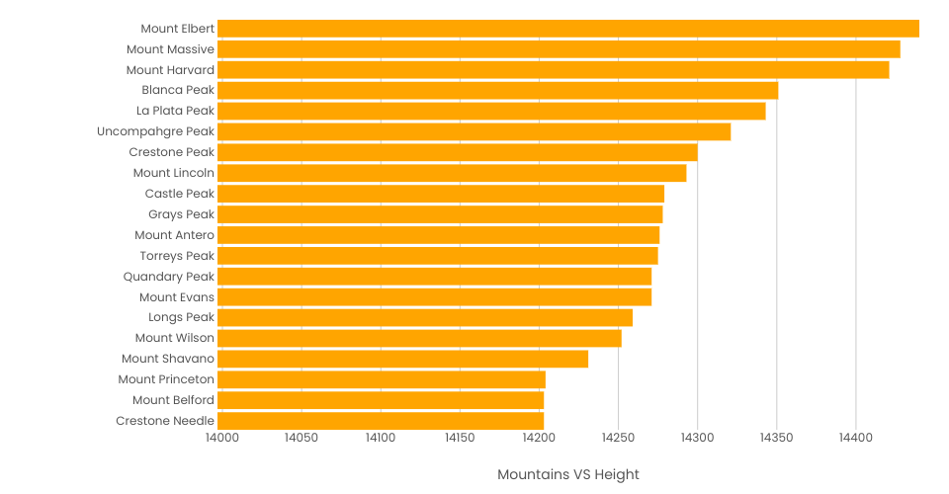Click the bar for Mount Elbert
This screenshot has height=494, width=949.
pyautogui.click(x=568, y=29)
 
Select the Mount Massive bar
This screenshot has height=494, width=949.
pyautogui.click(x=559, y=49)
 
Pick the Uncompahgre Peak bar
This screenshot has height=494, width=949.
pyautogui.click(x=474, y=131)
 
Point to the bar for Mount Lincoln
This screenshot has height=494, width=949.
pyautogui.click(x=452, y=173)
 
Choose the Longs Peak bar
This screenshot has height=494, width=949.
pyautogui.click(x=425, y=317)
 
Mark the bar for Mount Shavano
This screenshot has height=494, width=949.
pyautogui.click(x=402, y=359)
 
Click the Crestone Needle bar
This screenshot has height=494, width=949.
pyautogui.click(x=381, y=421)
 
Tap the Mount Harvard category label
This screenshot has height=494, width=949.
pyautogui.click(x=170, y=70)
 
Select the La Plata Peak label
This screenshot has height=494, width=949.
pyautogui.click(x=175, y=111)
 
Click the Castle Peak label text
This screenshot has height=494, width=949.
pyautogui.click(x=179, y=194)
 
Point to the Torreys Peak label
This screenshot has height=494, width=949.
pyautogui.click(x=177, y=256)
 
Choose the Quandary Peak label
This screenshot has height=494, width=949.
pyautogui.click(x=168, y=277)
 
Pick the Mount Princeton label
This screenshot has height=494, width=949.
pyautogui.click(x=166, y=379)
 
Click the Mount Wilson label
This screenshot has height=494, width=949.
pyautogui.click(x=174, y=338)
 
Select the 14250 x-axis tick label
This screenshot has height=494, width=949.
pyautogui.click(x=618, y=438)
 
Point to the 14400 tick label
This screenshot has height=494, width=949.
pyautogui.click(x=856, y=438)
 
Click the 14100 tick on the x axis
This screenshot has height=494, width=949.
pyautogui.click(x=379, y=438)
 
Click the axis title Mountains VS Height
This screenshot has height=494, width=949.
pyautogui.click(x=568, y=474)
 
